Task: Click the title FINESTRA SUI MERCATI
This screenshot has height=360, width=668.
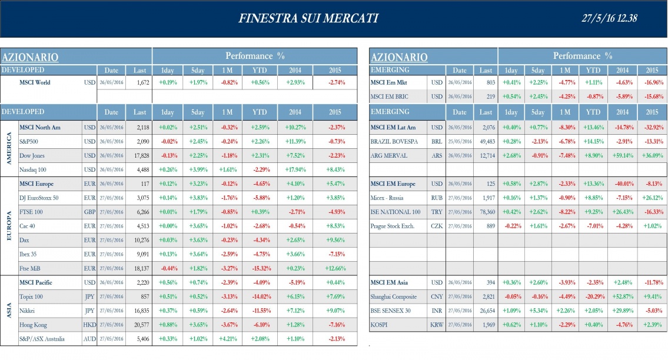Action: tap(308, 18)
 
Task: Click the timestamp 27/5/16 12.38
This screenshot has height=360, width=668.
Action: tap(609, 18)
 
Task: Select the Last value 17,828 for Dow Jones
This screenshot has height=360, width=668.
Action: tap(139, 155)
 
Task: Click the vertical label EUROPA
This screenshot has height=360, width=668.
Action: tap(9, 225)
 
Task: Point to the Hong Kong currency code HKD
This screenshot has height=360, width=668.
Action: tap(89, 325)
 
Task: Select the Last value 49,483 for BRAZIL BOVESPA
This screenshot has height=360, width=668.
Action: tap(485, 141)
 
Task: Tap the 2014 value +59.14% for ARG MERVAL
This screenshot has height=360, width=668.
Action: tap(623, 155)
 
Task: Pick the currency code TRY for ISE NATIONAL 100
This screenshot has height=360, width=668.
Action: tap(436, 212)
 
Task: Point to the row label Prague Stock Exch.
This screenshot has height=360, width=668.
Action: tap(393, 226)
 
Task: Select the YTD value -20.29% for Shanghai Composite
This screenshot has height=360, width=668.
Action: tap(593, 296)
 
